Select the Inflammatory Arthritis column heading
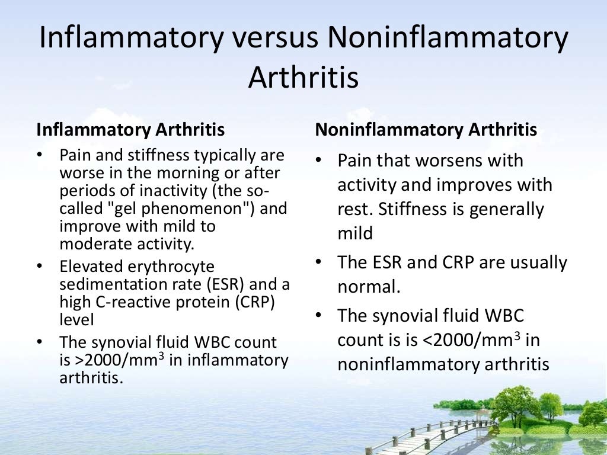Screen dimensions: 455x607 tap(130, 129)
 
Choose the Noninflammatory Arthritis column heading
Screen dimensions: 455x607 tap(426, 129)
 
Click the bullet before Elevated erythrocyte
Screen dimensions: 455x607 tap(40, 267)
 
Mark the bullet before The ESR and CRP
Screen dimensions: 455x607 tap(319, 262)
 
